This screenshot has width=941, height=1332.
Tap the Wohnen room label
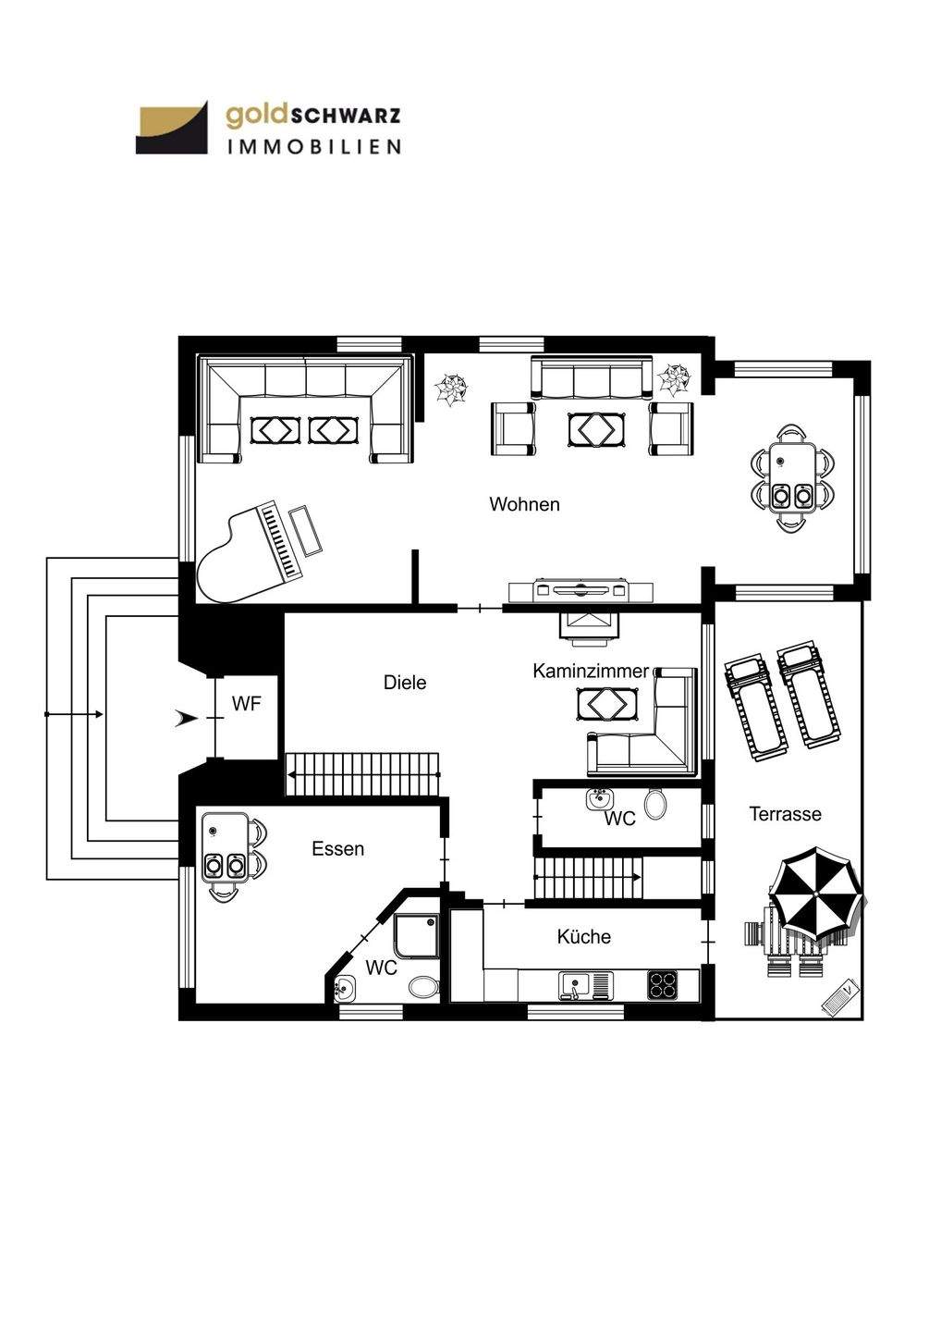click(x=524, y=504)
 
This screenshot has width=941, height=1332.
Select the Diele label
click(x=405, y=683)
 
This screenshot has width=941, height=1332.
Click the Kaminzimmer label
click(x=591, y=671)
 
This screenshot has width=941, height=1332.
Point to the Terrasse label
click(x=785, y=814)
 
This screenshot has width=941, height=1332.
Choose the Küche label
click(x=583, y=937)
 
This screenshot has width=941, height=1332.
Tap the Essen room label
click(x=337, y=848)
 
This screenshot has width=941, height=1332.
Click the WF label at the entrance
click(x=246, y=704)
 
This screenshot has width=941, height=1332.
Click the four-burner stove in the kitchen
click(x=662, y=983)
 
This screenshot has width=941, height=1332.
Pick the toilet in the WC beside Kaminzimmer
click(x=655, y=804)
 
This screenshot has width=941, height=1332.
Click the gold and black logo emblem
click(x=172, y=129)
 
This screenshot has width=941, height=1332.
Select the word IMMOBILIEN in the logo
click(x=313, y=146)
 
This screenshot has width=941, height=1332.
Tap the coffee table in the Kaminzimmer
click(x=606, y=705)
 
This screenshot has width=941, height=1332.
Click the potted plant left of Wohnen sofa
click(x=453, y=388)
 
